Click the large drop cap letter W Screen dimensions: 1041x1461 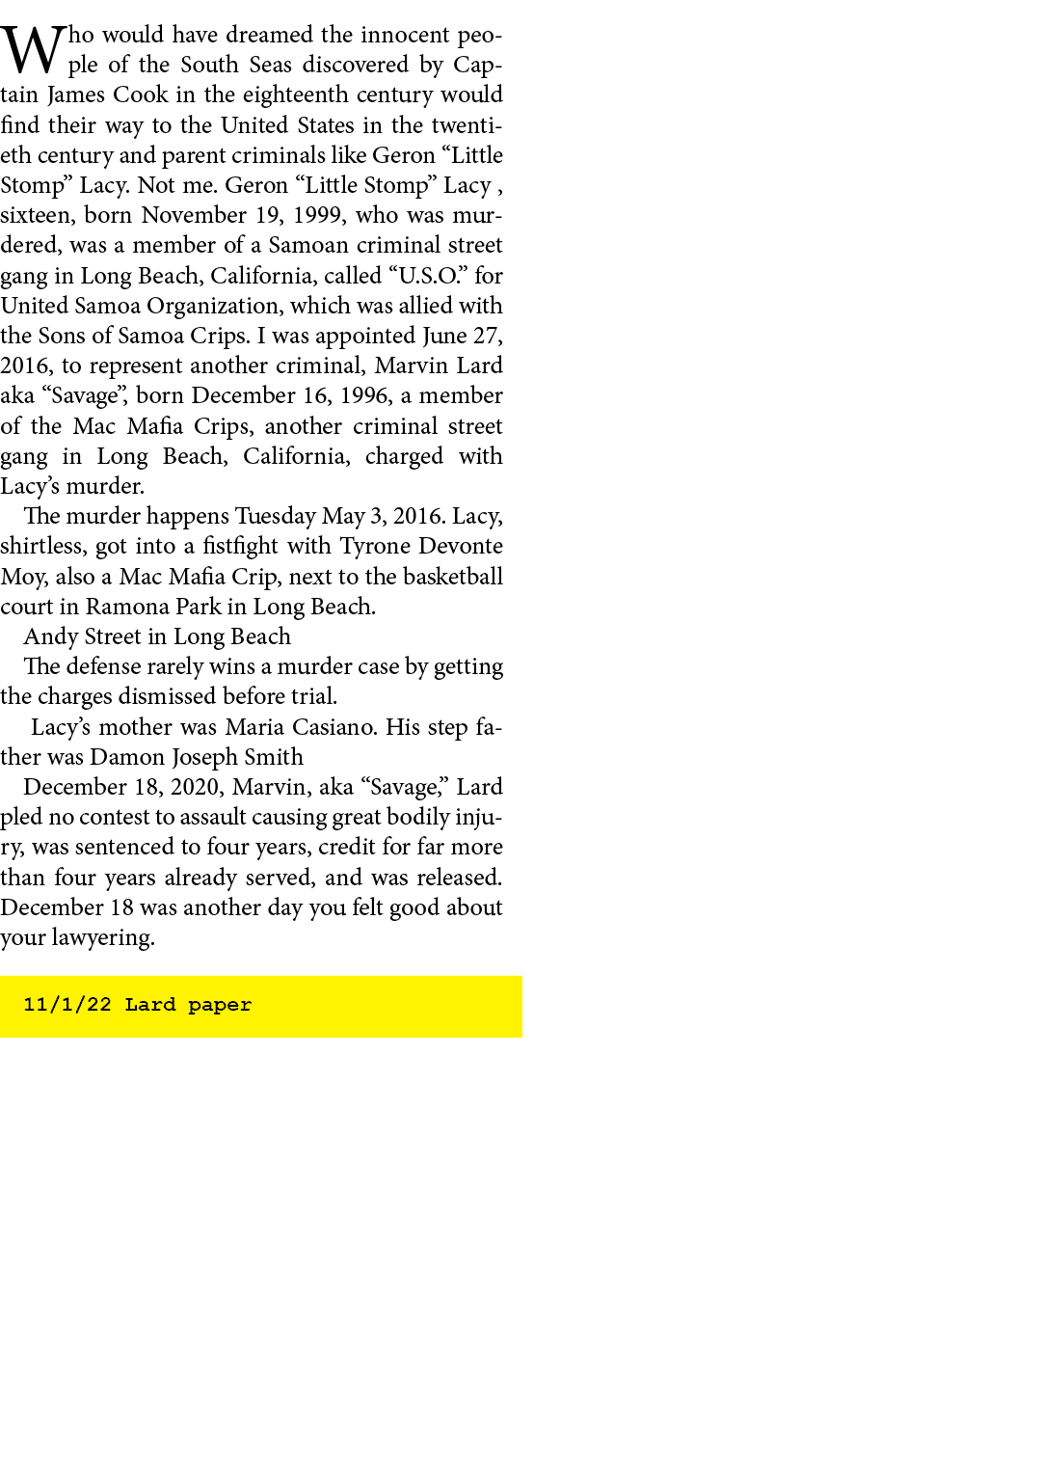click(33, 49)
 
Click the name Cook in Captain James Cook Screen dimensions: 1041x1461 click(140, 95)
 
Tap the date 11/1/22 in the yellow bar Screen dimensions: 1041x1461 click(67, 1005)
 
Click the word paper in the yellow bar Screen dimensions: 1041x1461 click(220, 1006)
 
